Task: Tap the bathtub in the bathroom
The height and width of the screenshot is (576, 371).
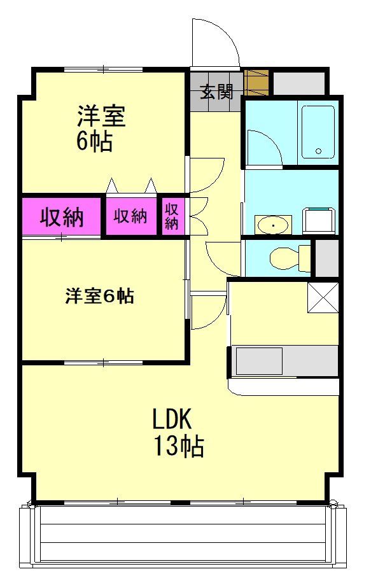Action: click(318, 132)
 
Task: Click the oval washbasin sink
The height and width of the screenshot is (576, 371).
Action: click(273, 224)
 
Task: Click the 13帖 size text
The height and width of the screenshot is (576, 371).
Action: click(178, 447)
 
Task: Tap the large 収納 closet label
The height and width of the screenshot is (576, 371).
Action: click(62, 218)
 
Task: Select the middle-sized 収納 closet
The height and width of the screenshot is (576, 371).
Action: click(130, 216)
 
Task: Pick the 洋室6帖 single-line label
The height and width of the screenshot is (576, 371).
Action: click(100, 296)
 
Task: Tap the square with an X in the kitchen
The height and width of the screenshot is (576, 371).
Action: click(323, 297)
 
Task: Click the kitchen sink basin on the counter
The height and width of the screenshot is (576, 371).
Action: click(259, 361)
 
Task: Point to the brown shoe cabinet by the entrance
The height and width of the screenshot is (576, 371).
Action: click(257, 82)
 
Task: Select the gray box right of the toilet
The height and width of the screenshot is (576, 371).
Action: click(327, 258)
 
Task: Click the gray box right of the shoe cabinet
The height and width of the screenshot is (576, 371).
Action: click(298, 83)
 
